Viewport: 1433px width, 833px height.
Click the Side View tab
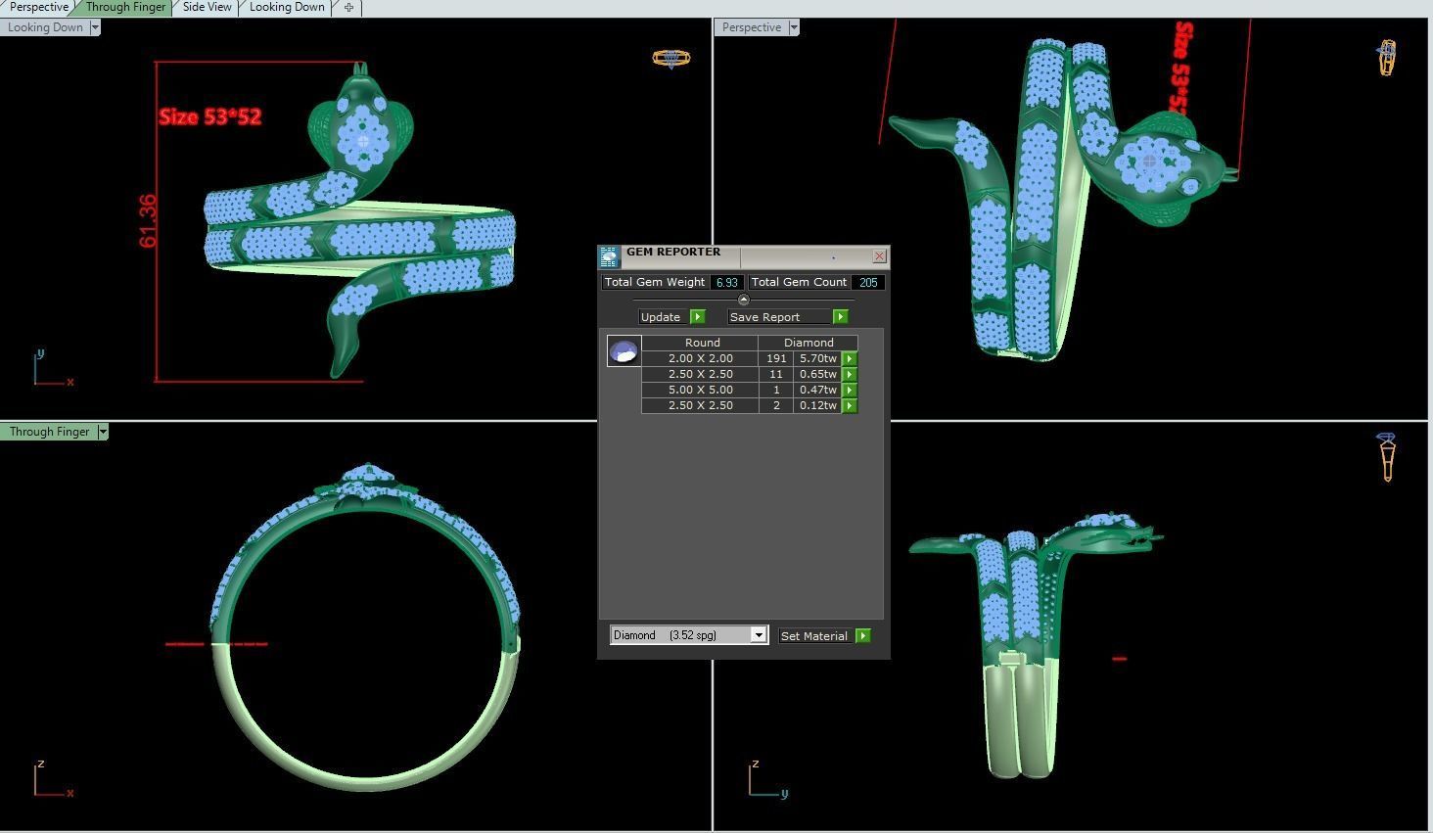click(207, 7)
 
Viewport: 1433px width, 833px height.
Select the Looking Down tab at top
click(287, 7)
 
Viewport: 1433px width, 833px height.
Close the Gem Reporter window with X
click(879, 256)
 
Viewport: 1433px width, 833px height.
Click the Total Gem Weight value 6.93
click(725, 282)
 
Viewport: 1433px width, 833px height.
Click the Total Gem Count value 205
click(867, 282)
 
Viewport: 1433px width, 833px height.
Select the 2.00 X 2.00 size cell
click(700, 358)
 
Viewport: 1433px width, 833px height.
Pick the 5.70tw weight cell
click(817, 358)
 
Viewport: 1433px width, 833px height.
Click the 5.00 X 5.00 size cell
click(700, 390)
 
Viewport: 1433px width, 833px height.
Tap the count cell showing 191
click(776, 358)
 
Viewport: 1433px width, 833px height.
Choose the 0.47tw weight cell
click(817, 390)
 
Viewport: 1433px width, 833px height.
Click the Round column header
click(702, 343)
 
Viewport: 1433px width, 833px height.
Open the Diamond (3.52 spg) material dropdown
click(758, 635)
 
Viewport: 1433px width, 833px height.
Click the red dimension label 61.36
click(148, 221)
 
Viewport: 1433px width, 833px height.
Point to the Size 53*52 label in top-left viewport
click(209, 116)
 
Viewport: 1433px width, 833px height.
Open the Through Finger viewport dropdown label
click(55, 432)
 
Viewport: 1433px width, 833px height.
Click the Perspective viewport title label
click(752, 27)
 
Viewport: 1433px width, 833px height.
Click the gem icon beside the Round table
click(624, 350)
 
